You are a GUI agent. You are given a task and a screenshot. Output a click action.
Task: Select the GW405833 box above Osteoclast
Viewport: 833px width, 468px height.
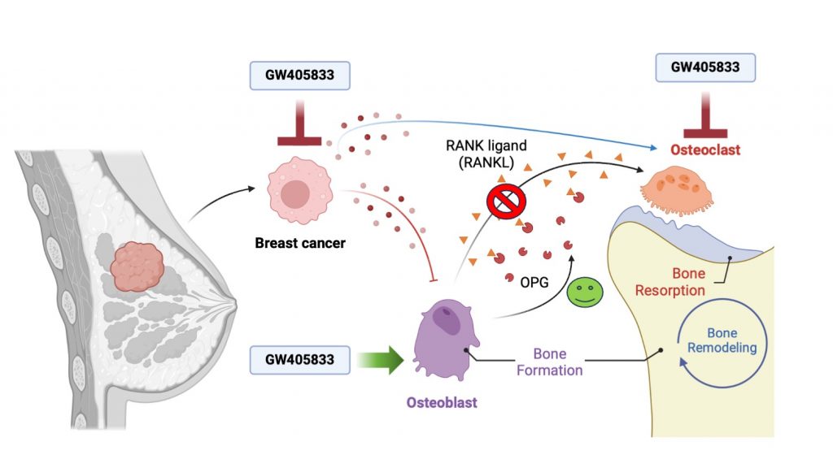click(705, 67)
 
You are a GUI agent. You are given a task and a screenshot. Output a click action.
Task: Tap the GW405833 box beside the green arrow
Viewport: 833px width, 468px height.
click(300, 359)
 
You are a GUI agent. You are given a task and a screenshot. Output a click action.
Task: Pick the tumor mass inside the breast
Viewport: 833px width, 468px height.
click(137, 265)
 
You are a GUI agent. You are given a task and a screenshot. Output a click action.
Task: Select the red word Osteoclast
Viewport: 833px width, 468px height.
click(705, 150)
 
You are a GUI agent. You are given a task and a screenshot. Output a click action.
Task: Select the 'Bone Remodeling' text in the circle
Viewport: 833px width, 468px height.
click(721, 341)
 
